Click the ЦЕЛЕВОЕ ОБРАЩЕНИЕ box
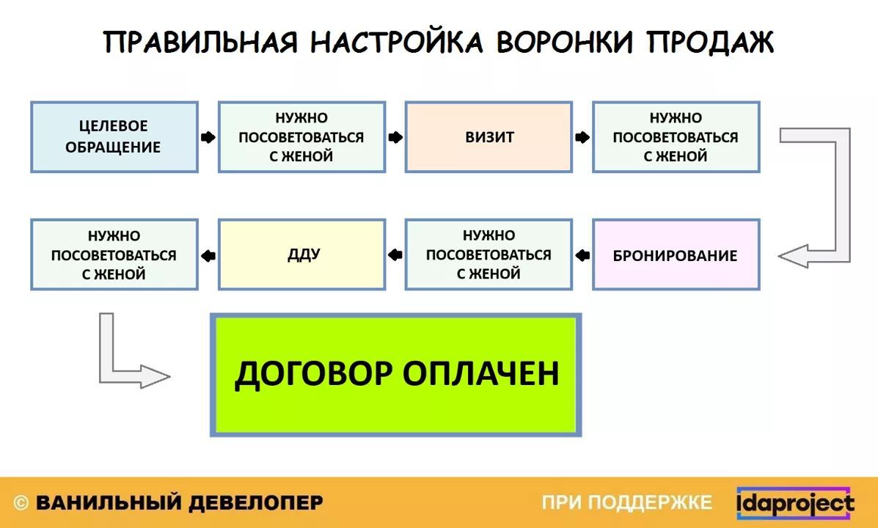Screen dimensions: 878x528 click(x=114, y=136)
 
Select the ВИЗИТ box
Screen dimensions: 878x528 click(x=489, y=136)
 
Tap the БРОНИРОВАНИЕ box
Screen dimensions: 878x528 click(x=676, y=254)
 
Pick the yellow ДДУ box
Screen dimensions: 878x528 click(x=301, y=254)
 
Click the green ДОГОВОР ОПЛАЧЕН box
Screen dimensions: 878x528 click(x=396, y=375)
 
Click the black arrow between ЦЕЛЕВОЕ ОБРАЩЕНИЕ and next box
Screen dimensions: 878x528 click(x=208, y=137)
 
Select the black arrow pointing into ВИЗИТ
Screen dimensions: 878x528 click(x=395, y=137)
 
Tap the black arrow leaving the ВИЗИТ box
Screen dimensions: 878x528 click(x=582, y=137)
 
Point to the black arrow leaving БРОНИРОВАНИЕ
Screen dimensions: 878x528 click(x=582, y=255)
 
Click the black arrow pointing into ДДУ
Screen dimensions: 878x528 click(x=395, y=255)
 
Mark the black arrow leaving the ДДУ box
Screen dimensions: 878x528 click(x=208, y=256)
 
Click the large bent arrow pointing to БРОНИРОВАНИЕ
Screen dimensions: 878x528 click(x=843, y=196)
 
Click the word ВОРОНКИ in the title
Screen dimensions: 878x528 click(x=565, y=43)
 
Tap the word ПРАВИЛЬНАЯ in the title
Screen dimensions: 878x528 click(x=200, y=43)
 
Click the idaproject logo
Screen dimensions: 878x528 click(x=795, y=503)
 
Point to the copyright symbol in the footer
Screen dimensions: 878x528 click(x=21, y=503)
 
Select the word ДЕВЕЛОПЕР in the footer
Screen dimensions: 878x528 click(x=255, y=503)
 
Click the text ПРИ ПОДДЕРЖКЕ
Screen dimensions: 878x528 click(x=626, y=503)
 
